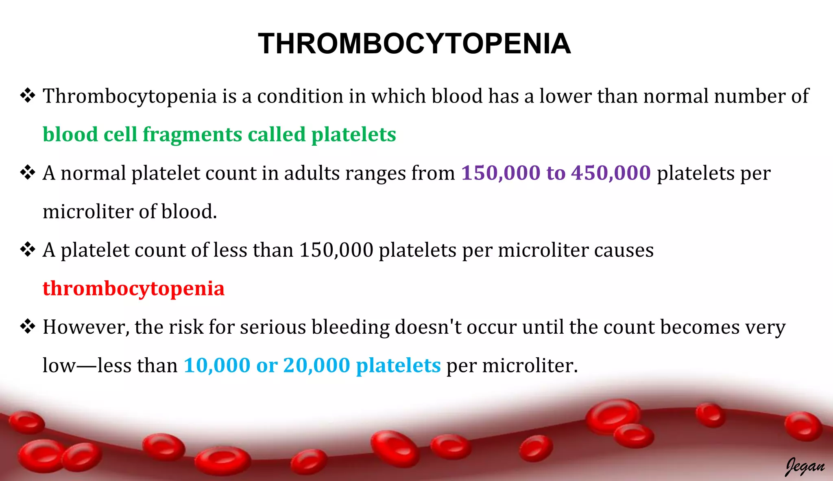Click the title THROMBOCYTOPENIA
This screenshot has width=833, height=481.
(414, 44)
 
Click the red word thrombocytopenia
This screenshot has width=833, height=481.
(133, 289)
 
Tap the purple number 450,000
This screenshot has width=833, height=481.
(611, 173)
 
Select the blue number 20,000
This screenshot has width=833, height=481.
(316, 365)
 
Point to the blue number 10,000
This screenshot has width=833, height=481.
(217, 365)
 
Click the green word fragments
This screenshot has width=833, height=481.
(192, 135)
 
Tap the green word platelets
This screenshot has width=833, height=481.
(353, 135)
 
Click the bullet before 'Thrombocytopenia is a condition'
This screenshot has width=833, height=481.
(28, 96)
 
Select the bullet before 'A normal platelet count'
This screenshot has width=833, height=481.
(28, 173)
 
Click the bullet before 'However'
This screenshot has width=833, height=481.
(28, 327)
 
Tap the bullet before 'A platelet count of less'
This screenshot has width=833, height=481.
(28, 250)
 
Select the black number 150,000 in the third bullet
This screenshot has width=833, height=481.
(336, 250)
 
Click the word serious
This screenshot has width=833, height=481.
(273, 327)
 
